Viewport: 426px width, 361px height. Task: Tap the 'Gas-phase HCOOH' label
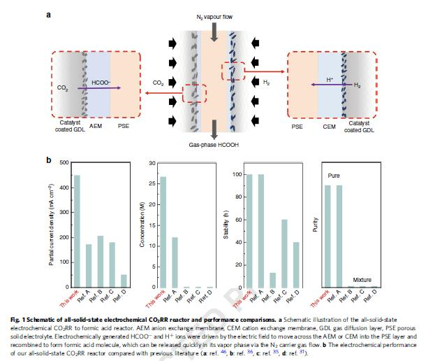[x=213, y=143]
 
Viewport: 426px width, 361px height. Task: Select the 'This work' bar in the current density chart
[x=77, y=231]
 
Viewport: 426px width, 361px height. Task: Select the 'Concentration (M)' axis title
[x=142, y=225]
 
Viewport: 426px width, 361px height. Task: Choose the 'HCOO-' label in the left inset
[x=101, y=82]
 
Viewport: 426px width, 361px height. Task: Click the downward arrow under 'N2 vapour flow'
[x=213, y=28]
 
